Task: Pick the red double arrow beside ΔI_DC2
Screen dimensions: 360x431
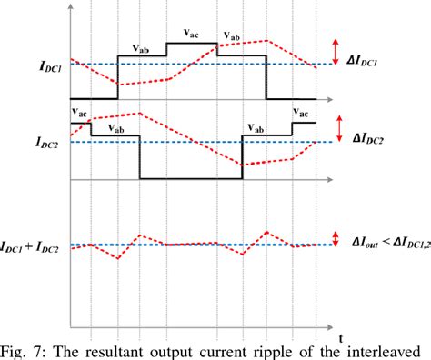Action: coord(336,132)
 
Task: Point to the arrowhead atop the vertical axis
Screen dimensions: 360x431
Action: coord(72,8)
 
